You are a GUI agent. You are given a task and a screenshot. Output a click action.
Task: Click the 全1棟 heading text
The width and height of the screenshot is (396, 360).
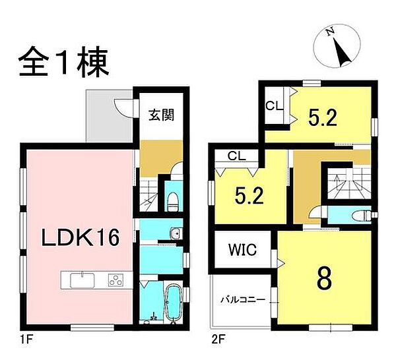click(63, 63)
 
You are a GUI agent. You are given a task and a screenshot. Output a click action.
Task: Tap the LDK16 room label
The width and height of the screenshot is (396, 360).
click(83, 237)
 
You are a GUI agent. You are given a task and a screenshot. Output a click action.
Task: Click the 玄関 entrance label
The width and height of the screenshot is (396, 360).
click(160, 115)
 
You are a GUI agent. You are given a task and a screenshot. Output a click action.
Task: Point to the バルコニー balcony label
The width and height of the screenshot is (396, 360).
click(243, 300)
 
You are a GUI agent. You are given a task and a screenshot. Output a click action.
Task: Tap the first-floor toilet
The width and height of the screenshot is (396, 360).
click(173, 200)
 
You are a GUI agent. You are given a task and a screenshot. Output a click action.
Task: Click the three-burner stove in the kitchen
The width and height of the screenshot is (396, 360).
click(116, 280)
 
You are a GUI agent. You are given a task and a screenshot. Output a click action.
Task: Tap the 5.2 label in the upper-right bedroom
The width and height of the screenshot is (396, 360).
click(323, 117)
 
